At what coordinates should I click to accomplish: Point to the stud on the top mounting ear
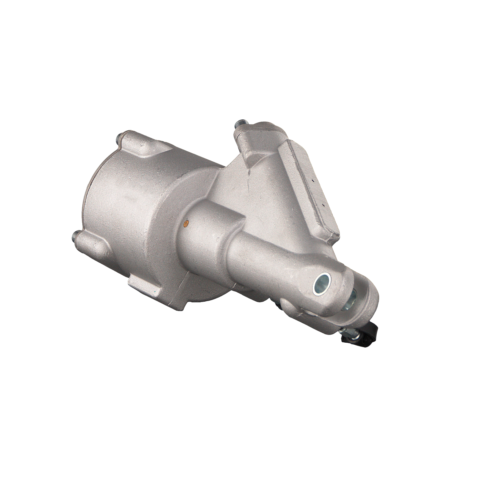(x=240, y=124)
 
